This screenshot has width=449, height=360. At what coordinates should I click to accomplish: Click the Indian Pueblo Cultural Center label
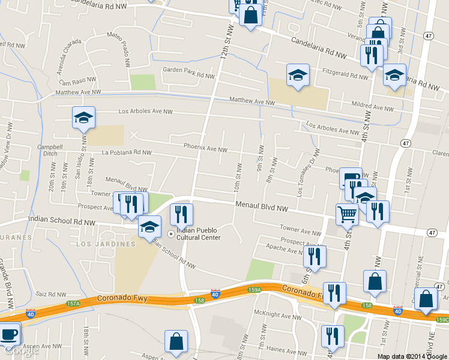click(x=198, y=233)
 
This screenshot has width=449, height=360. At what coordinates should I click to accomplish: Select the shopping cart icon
click(x=346, y=214)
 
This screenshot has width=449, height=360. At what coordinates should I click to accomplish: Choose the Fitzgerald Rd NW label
click(x=348, y=76)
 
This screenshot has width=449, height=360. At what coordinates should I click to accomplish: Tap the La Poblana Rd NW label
click(x=127, y=153)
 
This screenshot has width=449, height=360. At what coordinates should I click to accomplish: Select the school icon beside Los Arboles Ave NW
click(x=83, y=118)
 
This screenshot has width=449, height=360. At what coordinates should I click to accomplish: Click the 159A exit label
click(x=254, y=290)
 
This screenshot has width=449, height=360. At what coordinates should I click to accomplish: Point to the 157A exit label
click(x=73, y=304)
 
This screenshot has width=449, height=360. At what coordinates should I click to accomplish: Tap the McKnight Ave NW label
click(x=277, y=316)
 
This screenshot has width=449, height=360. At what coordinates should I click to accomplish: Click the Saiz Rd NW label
click(x=50, y=295)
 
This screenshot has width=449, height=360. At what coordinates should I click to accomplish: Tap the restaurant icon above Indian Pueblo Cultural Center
click(x=181, y=214)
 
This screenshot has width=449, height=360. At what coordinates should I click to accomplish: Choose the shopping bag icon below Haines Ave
click(x=176, y=341)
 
